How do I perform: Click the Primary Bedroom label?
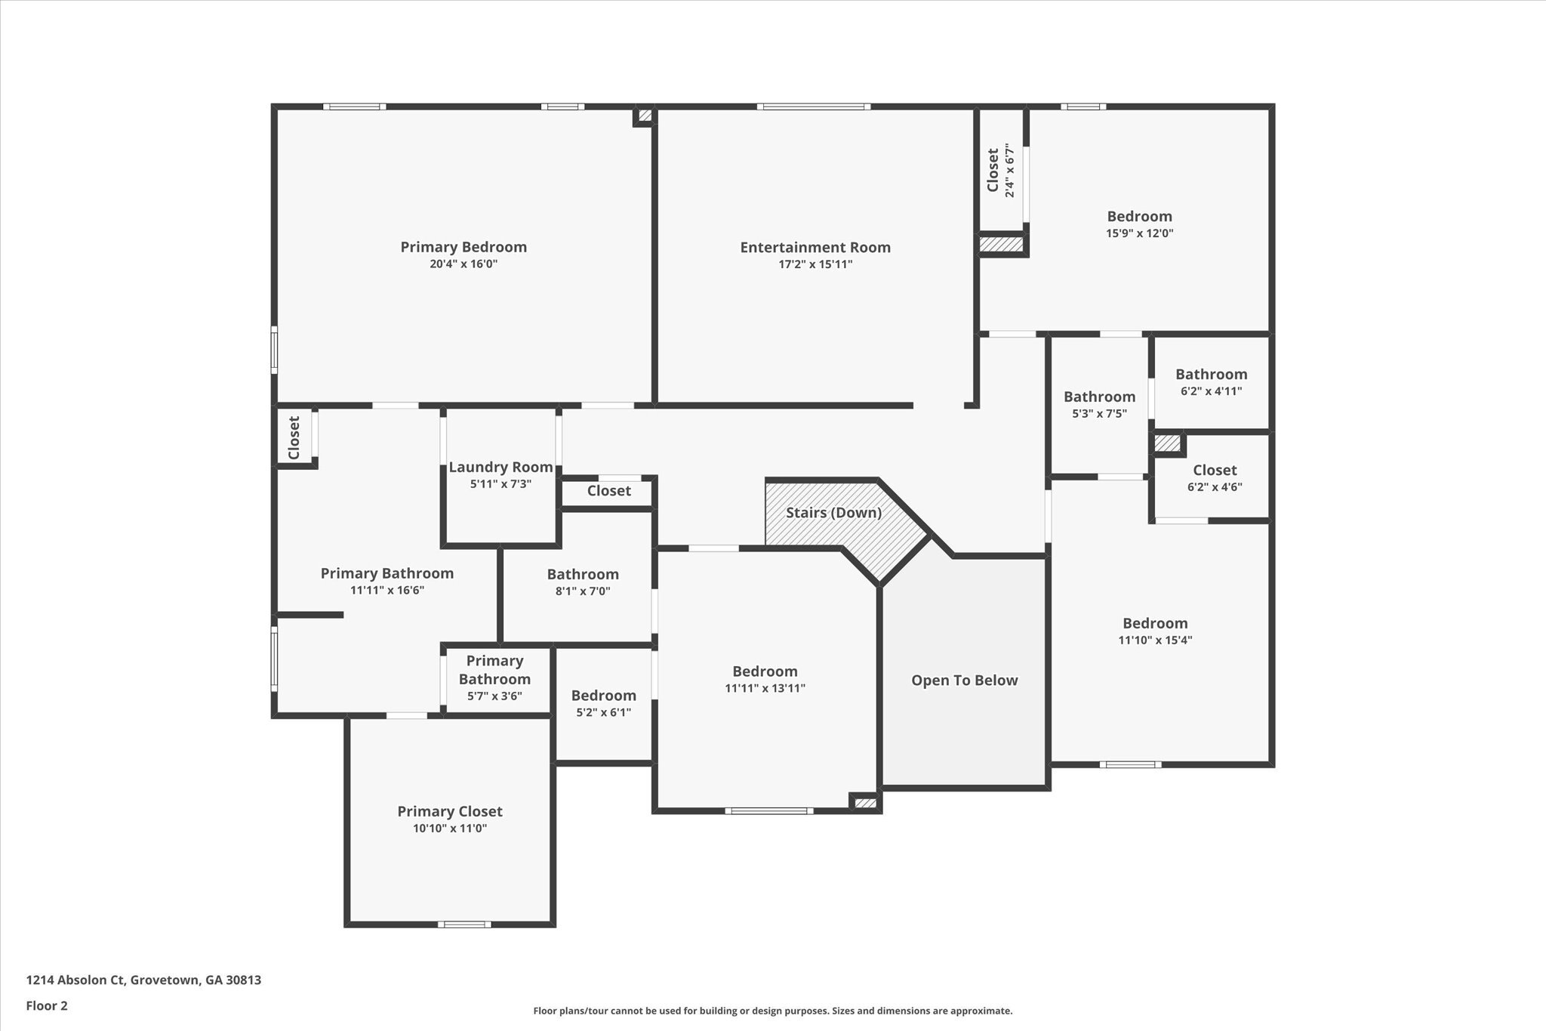click(463, 247)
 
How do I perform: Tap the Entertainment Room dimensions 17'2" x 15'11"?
click(815, 264)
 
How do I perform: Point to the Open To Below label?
click(964, 681)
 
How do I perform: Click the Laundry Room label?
click(500, 468)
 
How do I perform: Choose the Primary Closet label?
click(449, 811)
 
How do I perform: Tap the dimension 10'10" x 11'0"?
click(449, 829)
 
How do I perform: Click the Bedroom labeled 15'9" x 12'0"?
click(1139, 217)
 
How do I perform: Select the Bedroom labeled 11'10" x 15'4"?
click(1154, 624)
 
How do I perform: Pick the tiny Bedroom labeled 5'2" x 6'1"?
click(603, 696)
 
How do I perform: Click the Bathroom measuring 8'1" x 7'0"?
click(583, 575)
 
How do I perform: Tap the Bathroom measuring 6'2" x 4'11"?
click(1211, 375)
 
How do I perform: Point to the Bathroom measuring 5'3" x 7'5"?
click(1099, 397)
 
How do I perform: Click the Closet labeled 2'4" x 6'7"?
click(993, 170)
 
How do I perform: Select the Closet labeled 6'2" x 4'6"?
click(1214, 471)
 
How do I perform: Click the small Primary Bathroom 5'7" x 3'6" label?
click(494, 670)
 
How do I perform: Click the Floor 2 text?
click(47, 1006)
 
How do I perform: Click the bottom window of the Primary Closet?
click(464, 924)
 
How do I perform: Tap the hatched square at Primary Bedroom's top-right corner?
click(645, 116)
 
